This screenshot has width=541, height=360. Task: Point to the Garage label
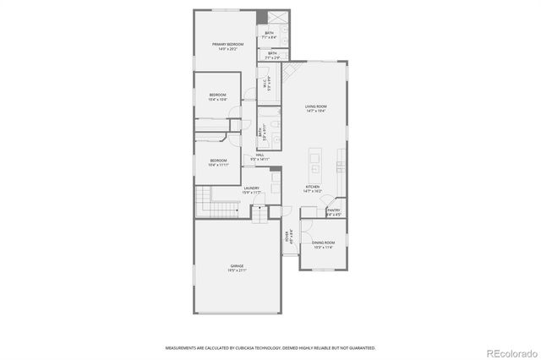[x=237, y=268]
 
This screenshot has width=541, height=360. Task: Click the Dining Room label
[x=323, y=245]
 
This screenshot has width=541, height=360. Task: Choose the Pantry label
[x=334, y=212]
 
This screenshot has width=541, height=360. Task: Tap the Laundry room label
[x=252, y=190]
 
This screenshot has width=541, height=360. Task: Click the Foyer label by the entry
[x=287, y=237]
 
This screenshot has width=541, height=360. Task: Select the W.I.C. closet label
[x=265, y=85]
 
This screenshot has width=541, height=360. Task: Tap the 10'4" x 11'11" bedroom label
[x=218, y=162]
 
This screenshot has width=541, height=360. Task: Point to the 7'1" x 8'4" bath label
[x=269, y=35]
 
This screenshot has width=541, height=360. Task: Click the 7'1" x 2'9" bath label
[x=272, y=55]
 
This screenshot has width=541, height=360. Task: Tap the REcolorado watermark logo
[x=509, y=351]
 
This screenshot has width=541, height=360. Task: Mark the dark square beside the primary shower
[x=261, y=18]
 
